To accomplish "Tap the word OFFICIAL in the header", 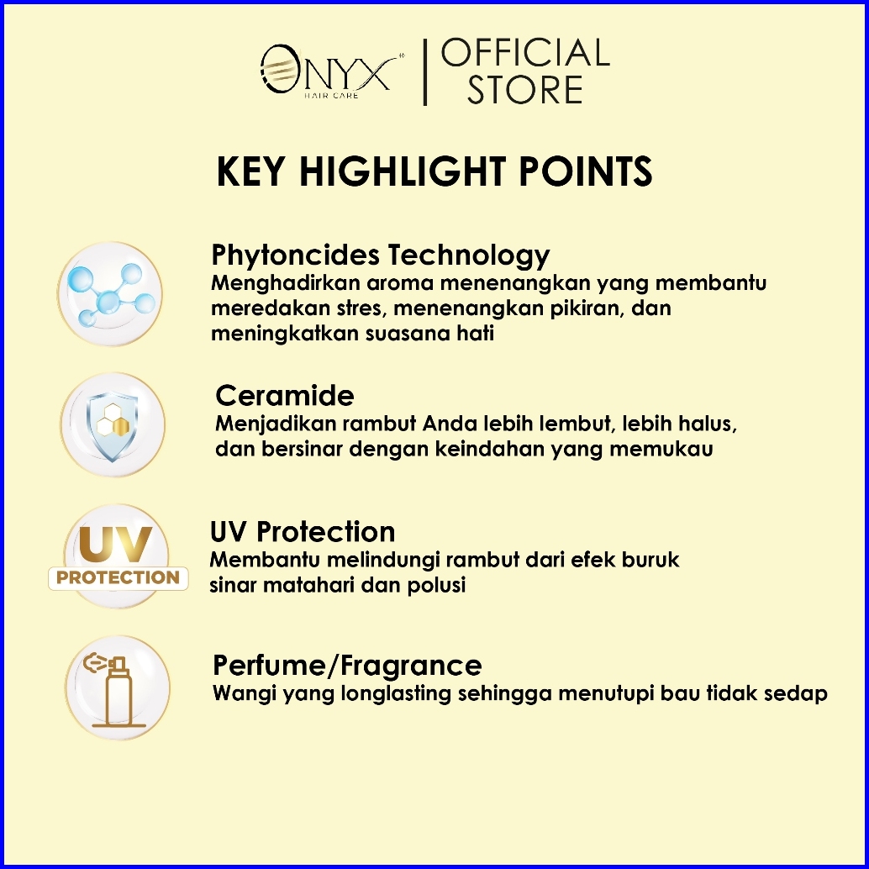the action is point(525,53).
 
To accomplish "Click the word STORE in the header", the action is point(524,89).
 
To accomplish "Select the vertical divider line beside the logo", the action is point(425,72).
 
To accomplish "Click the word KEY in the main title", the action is point(250,171).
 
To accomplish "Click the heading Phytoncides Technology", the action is point(380,255).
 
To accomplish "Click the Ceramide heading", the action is point(284,396).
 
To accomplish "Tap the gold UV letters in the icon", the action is point(116,544).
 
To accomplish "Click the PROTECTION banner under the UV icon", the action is point(118,578).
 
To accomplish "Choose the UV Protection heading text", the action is point(303,532).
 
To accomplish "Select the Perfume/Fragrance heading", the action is point(347,665).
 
